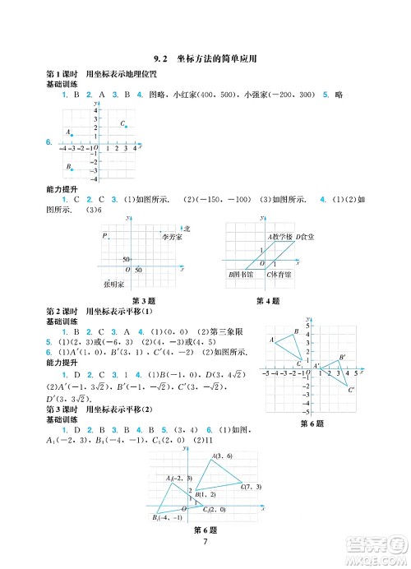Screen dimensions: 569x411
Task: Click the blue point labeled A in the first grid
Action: tap(72, 135)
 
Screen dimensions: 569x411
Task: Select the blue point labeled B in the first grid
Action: tap(72, 169)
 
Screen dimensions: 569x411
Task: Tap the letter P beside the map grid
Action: tap(105, 237)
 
